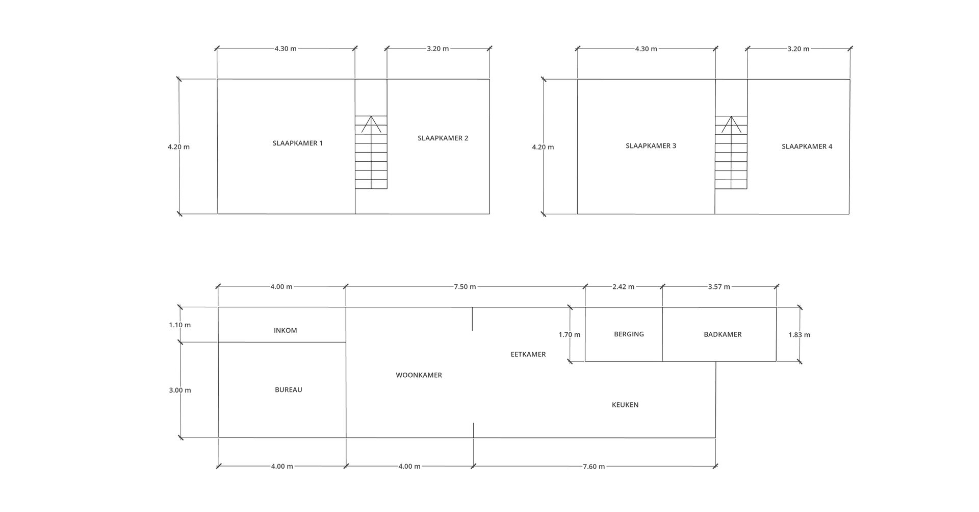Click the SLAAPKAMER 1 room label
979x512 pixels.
click(x=298, y=143)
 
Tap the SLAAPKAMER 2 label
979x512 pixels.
click(x=443, y=138)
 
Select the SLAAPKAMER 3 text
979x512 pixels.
click(x=651, y=146)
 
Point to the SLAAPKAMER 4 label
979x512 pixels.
click(x=807, y=147)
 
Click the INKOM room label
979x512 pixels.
click(x=285, y=330)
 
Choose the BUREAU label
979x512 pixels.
click(x=289, y=389)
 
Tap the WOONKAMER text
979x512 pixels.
click(x=419, y=375)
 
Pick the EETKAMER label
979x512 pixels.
click(x=528, y=354)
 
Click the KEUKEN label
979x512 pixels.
click(x=625, y=405)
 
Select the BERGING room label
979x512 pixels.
click(x=629, y=334)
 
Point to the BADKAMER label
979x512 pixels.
click(x=723, y=334)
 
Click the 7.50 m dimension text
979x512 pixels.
click(x=465, y=287)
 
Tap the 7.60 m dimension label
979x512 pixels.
click(x=594, y=467)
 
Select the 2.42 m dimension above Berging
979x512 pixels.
click(x=623, y=287)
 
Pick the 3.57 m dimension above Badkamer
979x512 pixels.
click(x=719, y=287)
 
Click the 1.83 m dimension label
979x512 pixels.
click(x=799, y=335)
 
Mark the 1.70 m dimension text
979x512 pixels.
click(x=569, y=335)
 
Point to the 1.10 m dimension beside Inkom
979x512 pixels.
click(x=180, y=325)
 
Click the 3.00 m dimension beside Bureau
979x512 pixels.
click(x=180, y=391)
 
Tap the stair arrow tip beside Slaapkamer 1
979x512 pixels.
click(x=372, y=116)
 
